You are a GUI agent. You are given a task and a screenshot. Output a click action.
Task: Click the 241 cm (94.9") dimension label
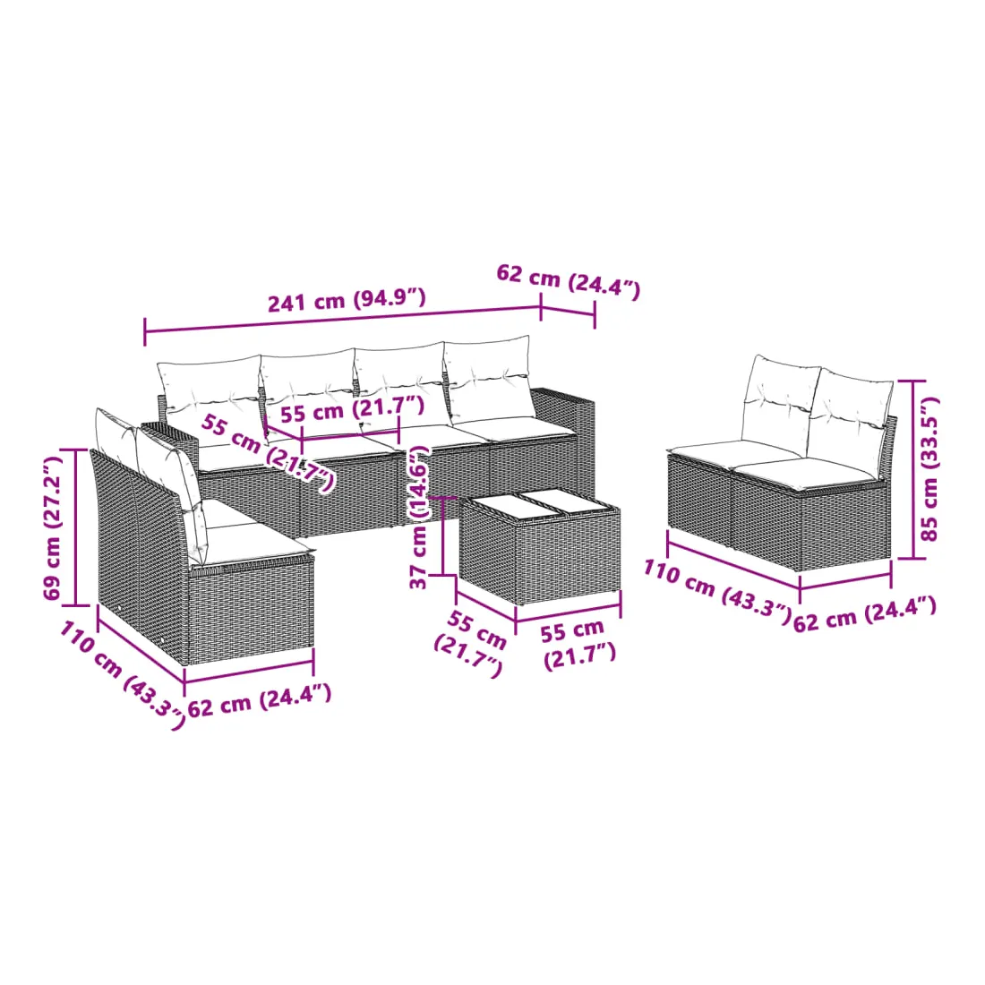click(347, 299)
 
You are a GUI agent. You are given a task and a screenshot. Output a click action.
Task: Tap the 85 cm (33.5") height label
click(929, 468)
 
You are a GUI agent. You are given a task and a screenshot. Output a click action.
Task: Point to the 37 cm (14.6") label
click(419, 517)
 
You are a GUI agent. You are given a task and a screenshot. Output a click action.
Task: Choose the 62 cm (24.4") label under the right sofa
click(865, 614)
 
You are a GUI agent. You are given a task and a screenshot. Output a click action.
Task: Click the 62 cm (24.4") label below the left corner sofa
click(260, 700)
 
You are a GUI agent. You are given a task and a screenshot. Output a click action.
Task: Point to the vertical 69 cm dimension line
click(76, 527)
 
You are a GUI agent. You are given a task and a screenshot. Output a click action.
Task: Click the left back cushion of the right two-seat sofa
click(779, 403)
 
